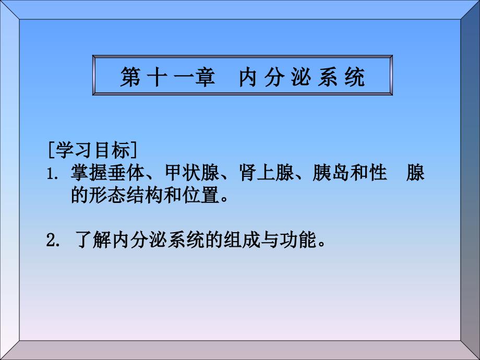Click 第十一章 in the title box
(x=167, y=77)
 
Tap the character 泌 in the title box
(x=301, y=77)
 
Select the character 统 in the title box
(x=354, y=77)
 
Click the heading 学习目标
(x=93, y=150)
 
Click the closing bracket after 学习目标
(x=134, y=150)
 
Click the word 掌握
(x=89, y=173)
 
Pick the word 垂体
(x=126, y=173)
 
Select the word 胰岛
(x=331, y=173)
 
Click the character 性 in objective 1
(x=378, y=173)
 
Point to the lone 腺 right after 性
(x=415, y=173)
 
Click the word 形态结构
(x=126, y=195)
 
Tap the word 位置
(x=200, y=195)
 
